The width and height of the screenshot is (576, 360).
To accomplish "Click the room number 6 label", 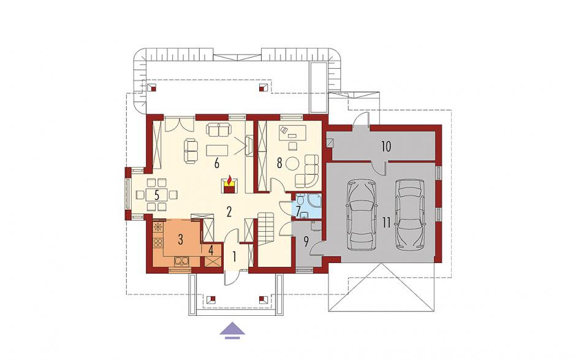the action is [x=217, y=163].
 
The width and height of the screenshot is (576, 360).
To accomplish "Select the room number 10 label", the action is [x=385, y=147].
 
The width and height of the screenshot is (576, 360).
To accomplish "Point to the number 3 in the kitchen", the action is [x=180, y=239].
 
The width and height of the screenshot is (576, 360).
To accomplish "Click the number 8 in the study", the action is [x=279, y=163].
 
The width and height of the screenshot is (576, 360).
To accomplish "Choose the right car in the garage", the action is [x=409, y=213].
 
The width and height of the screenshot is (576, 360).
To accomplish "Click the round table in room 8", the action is [x=293, y=163].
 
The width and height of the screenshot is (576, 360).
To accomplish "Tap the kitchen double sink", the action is [x=182, y=261].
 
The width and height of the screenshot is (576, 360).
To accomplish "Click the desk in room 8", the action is [x=293, y=132].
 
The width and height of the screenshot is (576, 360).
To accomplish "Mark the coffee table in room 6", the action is [x=217, y=150].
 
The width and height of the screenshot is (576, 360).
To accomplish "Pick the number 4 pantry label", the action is [x=211, y=250].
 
